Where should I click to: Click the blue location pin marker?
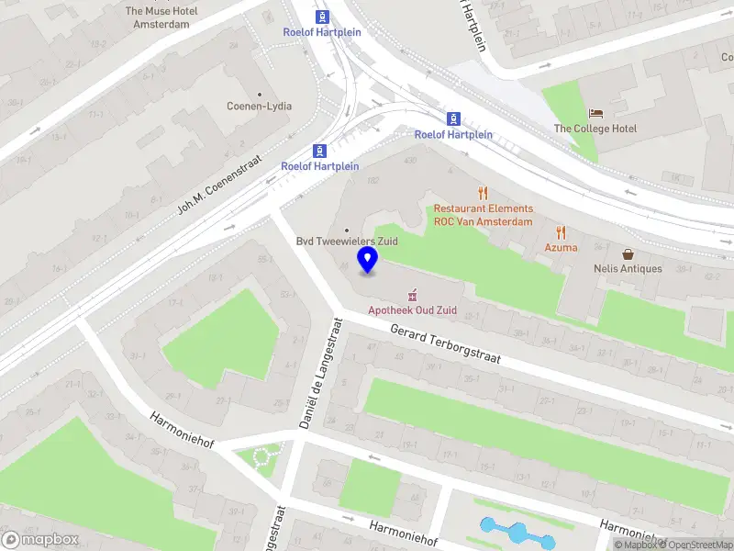[368, 260]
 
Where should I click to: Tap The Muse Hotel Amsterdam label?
[161, 17]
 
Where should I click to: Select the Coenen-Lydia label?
[260, 106]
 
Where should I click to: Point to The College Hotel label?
[595, 129]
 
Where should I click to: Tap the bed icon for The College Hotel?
[596, 113]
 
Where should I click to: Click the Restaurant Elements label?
[483, 208]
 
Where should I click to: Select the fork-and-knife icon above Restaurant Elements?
[483, 193]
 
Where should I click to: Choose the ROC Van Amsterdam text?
[483, 221]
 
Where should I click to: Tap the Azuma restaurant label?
[561, 247]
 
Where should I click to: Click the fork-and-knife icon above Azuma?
[561, 232]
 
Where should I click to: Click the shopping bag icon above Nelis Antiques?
[628, 253]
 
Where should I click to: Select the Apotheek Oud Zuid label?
[412, 310]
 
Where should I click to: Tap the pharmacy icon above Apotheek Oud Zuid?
[412, 295]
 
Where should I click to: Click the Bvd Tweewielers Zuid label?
[345, 242]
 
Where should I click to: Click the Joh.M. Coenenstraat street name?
[220, 185]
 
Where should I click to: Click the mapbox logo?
[41, 540]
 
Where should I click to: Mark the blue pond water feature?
[517, 532]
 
